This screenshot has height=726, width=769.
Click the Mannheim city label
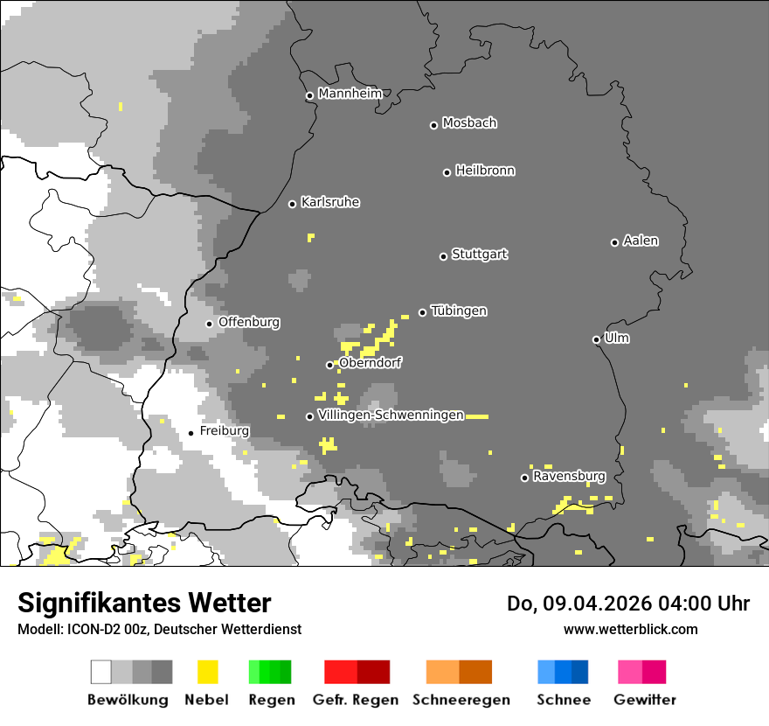pos(350,93)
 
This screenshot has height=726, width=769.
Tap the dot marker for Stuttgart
pos(443,256)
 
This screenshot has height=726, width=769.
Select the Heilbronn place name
pos(485,171)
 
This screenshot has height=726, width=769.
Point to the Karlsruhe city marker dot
pos(293,204)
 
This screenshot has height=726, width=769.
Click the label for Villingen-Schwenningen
pos(391,415)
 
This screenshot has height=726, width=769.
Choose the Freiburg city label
pos(224,431)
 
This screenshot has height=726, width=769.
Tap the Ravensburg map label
pos(569,476)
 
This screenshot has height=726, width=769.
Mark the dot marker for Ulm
pos(596,339)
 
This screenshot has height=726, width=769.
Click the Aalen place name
pos(641,241)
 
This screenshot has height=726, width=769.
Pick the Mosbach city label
pos(469,123)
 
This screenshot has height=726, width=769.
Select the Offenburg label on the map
pos(249,322)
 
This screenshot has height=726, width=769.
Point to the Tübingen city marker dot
pos(422,312)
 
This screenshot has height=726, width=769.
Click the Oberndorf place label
pos(371,363)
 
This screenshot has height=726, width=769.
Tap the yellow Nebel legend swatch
pos(207,672)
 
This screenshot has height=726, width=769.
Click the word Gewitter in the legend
pos(644,700)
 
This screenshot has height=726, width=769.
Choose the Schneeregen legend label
pos(461,700)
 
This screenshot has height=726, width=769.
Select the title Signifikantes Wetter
pos(144,603)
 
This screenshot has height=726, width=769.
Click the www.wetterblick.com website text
pos(630,629)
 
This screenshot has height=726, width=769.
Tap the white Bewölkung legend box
pos(101,672)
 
